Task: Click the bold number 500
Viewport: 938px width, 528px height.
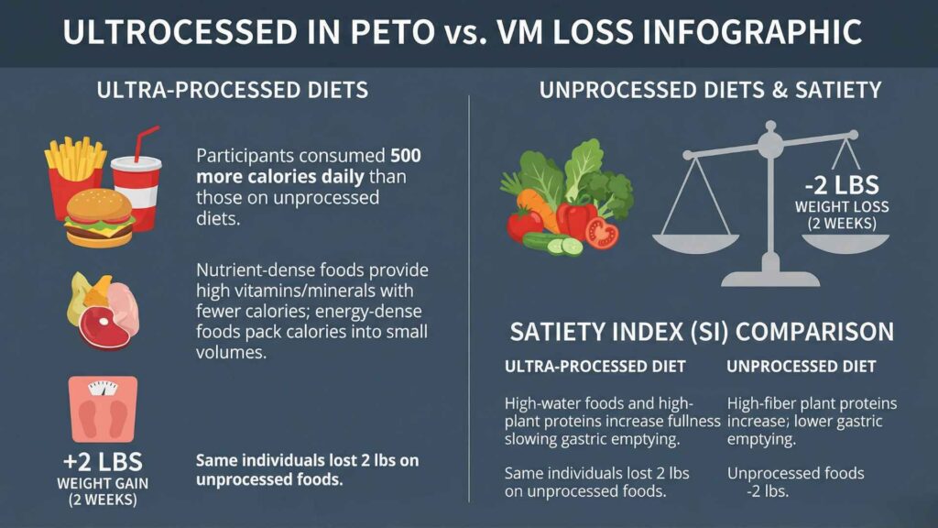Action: [406, 155]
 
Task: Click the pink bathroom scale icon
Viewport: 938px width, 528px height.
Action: [102, 410]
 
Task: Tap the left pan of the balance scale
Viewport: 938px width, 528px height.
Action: [696, 243]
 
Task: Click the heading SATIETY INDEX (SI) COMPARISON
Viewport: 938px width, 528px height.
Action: [701, 331]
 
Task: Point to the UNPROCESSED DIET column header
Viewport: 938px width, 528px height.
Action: [801, 367]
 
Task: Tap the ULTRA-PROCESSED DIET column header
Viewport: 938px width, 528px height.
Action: [594, 367]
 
